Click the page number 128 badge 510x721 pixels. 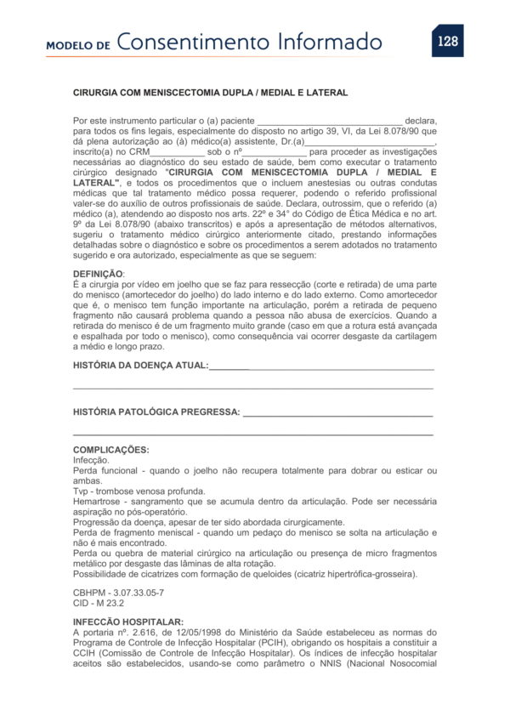(x=447, y=41)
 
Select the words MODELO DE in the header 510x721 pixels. (x=78, y=46)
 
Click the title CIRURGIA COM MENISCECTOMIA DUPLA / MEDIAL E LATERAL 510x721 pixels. (x=211, y=93)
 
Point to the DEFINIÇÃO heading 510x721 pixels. (x=99, y=274)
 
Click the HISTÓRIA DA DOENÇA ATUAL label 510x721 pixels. (x=140, y=365)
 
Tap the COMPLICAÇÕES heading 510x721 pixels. (x=111, y=450)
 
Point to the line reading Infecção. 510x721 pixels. (x=91, y=460)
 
